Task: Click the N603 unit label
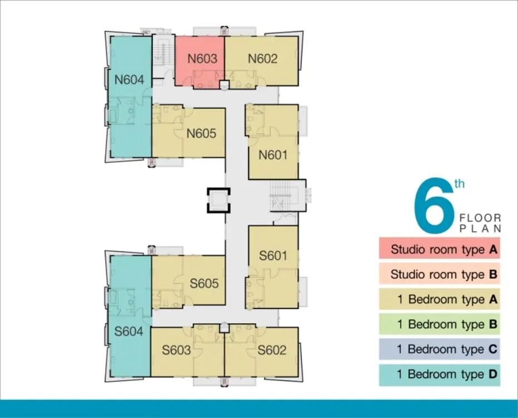[202, 59]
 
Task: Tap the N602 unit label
[263, 59]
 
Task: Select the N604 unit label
[129, 80]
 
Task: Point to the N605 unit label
[201, 134]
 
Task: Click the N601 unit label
[273, 154]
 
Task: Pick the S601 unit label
[273, 255]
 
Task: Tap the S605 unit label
[204, 283]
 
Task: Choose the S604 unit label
[129, 331]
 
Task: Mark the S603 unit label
[176, 350]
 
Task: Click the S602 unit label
[272, 350]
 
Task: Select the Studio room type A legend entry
[439, 249]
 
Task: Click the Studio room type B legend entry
[439, 274]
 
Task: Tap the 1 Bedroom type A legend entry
[439, 299]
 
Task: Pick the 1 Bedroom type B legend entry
[439, 324]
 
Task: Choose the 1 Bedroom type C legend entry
[439, 349]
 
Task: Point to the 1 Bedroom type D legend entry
[439, 375]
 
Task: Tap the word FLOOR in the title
[480, 218]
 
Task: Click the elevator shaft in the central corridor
[218, 200]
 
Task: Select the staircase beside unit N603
[164, 52]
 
